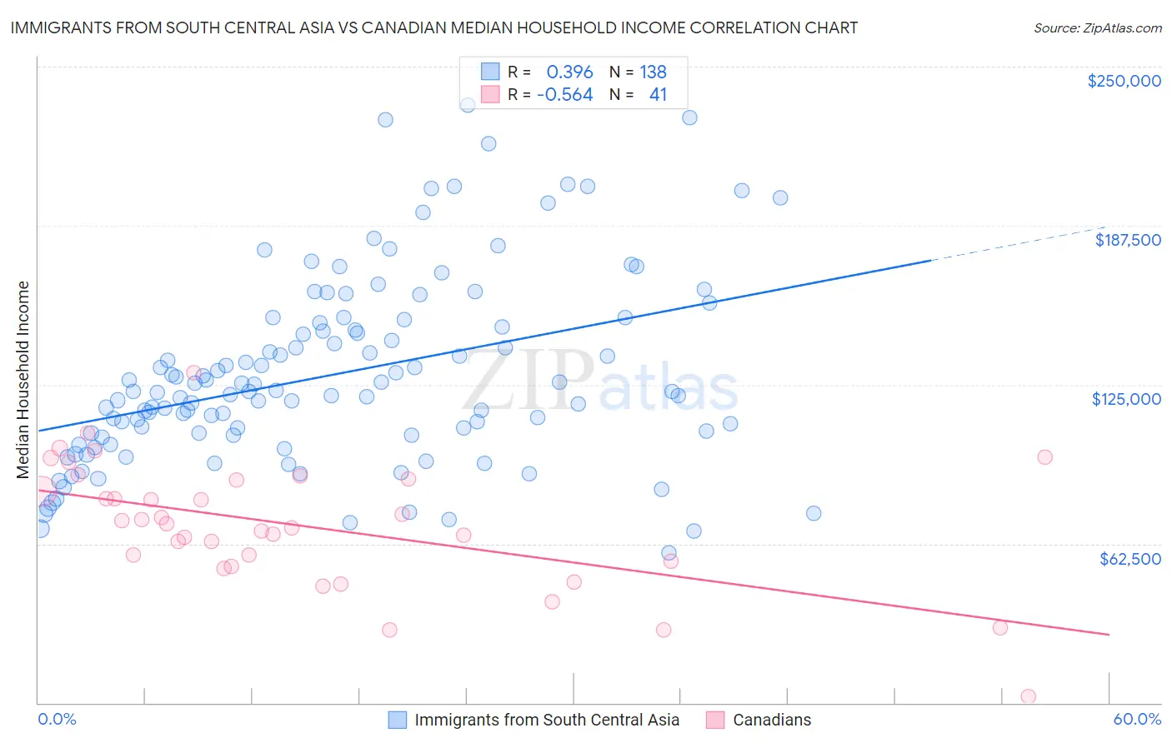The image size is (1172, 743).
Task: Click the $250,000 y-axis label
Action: (x=1124, y=81)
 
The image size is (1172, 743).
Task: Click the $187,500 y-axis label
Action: (x=1127, y=240)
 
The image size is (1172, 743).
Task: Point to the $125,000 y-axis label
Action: (x=1126, y=399)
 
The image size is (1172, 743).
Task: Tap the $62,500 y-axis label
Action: (x=1129, y=559)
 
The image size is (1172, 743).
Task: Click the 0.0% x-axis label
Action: (x=57, y=719)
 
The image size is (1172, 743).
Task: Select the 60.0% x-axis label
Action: (x=1137, y=719)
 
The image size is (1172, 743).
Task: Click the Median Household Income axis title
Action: (x=23, y=380)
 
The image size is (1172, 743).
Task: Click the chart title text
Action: (x=433, y=27)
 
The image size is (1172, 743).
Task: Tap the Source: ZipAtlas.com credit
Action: (x=1097, y=27)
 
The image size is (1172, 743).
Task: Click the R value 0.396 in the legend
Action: (x=569, y=72)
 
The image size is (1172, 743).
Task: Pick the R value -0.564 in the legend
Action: (x=564, y=94)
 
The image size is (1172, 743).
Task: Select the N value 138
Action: (x=653, y=72)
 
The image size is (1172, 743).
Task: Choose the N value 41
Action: (x=658, y=94)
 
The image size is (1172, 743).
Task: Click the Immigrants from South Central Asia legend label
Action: (x=547, y=720)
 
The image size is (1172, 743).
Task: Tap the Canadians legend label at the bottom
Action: (x=772, y=720)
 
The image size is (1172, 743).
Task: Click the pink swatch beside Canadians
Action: (x=715, y=720)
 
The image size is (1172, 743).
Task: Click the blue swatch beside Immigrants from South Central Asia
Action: (x=398, y=720)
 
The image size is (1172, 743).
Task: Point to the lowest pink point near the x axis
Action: (x=1028, y=696)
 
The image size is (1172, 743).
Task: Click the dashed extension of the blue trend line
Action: (x=1017, y=243)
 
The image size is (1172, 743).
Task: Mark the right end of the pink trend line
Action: (x=1109, y=635)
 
